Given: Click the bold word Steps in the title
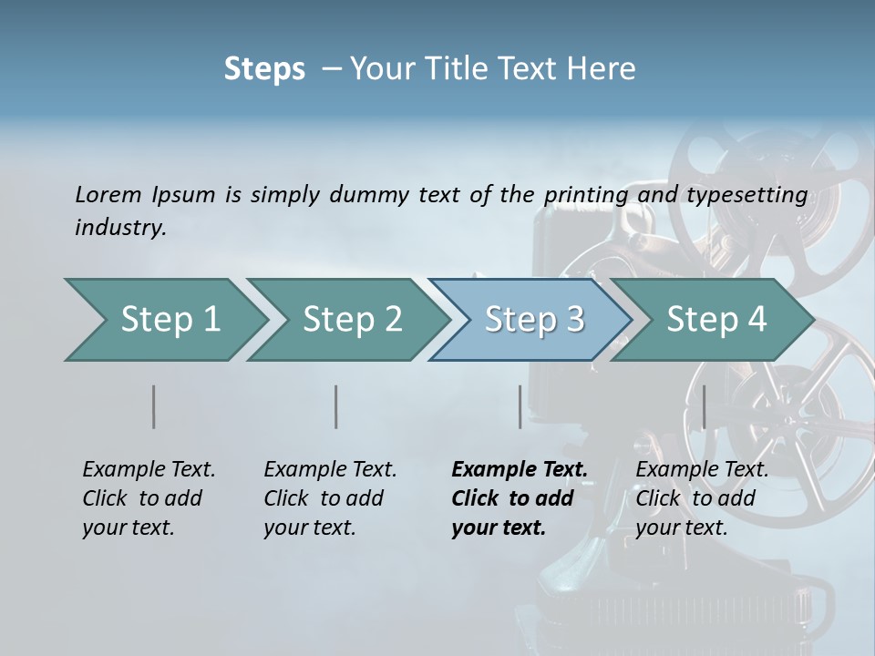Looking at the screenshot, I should click(x=264, y=69).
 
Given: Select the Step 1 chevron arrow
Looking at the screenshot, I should click(x=164, y=320).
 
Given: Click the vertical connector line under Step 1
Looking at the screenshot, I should click(x=154, y=406).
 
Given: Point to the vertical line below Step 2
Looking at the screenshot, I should click(x=336, y=406).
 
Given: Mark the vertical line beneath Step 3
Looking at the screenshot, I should click(x=520, y=406).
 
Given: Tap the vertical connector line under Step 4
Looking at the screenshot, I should click(x=704, y=406).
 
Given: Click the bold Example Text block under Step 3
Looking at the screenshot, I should click(x=519, y=498).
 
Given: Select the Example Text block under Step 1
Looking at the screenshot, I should click(x=149, y=498).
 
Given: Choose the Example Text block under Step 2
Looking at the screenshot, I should click(x=330, y=498).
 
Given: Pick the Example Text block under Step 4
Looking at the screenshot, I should click(x=702, y=498).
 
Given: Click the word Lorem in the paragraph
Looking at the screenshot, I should click(x=108, y=195).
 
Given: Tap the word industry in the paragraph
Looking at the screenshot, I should click(x=119, y=227).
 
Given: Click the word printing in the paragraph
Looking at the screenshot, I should click(x=585, y=195).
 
